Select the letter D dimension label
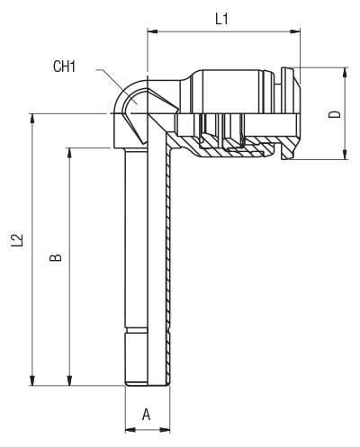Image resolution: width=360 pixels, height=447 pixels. tap(334, 114)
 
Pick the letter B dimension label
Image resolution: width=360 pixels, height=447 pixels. tap(55, 258)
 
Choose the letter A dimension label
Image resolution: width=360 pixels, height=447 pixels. tap(146, 415)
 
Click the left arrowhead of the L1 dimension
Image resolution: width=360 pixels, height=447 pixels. tap(152, 31)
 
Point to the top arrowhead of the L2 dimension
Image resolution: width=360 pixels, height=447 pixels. tap(33, 118)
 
